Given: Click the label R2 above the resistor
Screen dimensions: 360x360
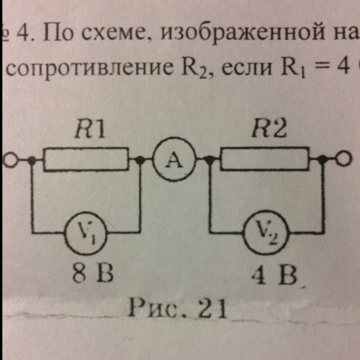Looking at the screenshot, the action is [x=269, y=130].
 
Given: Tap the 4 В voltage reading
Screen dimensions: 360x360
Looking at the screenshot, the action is [x=274, y=275].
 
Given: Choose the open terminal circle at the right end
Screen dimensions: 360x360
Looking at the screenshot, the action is [x=344, y=159].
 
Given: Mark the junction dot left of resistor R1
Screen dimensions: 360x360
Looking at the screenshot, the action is [x=32, y=160].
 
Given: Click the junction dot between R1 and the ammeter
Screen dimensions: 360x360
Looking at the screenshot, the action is [x=140, y=159].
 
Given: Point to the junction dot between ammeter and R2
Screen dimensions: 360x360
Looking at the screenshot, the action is [x=209, y=159].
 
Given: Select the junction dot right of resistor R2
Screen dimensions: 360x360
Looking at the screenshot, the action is [x=322, y=159].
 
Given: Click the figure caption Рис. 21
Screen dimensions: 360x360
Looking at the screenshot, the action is [x=178, y=308].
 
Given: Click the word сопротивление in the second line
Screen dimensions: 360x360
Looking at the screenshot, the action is [x=89, y=67].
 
